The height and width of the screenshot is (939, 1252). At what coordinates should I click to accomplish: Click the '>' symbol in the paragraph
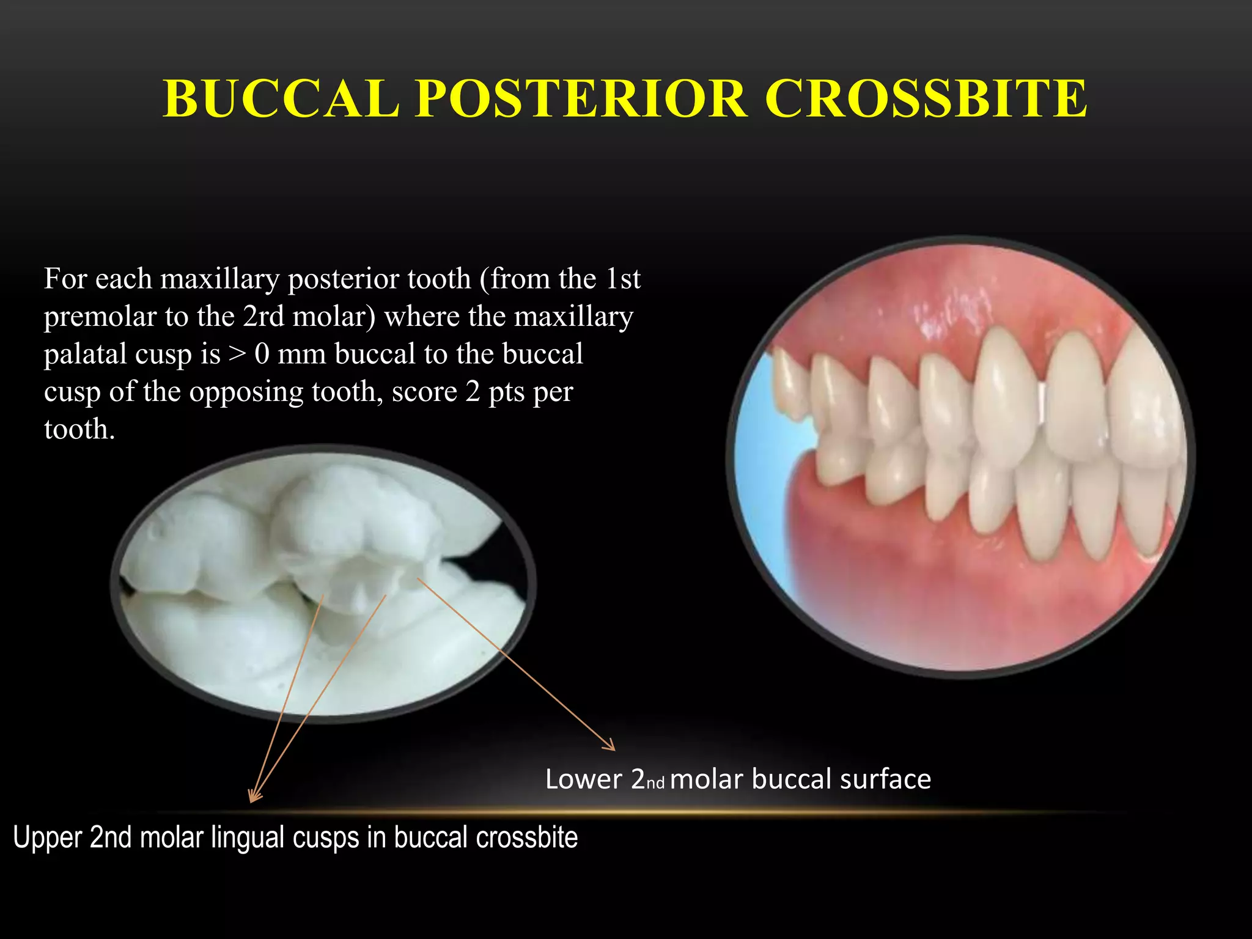tap(237, 355)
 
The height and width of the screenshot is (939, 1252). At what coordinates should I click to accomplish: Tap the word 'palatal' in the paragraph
tap(86, 355)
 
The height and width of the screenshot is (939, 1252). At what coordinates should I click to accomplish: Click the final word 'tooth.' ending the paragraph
tap(79, 429)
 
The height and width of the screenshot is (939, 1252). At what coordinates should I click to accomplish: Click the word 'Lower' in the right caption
tap(583, 779)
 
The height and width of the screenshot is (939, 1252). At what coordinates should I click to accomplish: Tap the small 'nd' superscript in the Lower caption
tap(655, 783)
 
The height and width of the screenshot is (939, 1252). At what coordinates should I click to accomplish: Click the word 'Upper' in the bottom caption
tap(47, 838)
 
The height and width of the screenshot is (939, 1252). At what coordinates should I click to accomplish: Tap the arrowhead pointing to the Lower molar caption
tap(611, 747)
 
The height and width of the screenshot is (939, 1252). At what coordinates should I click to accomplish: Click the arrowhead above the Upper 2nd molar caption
tap(253, 797)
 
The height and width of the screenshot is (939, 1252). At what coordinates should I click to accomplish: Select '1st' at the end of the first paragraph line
tap(623, 279)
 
